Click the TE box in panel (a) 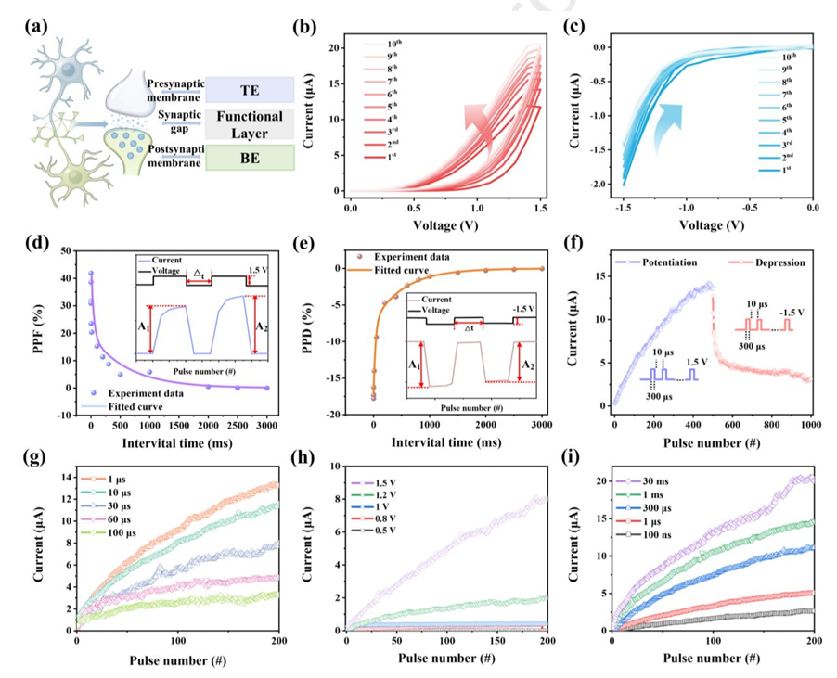click(248, 89)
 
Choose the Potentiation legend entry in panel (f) click(666, 263)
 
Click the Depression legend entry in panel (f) click(773, 263)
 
